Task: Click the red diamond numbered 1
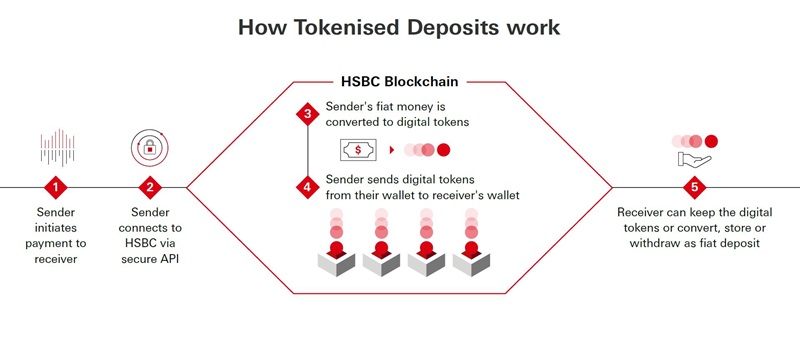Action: [56, 187]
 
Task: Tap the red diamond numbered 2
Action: [150, 187]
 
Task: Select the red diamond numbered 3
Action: [308, 114]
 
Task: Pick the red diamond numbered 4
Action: [308, 187]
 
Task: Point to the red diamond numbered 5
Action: [694, 187]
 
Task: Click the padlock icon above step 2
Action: [149, 148]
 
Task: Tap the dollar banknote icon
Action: [358, 150]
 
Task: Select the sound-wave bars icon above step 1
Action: [58, 147]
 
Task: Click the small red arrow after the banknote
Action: [392, 150]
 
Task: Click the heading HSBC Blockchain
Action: [399, 82]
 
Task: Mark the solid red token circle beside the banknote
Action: [444, 150]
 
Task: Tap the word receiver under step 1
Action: [56, 259]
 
